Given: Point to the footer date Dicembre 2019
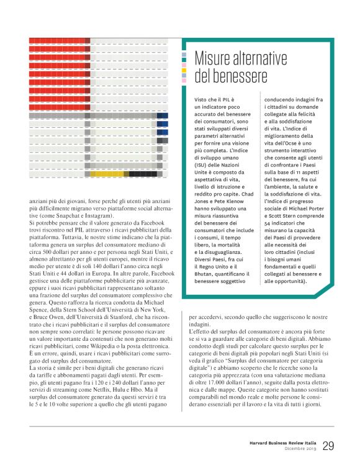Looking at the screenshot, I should pyautogui.click(x=301, y=449).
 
